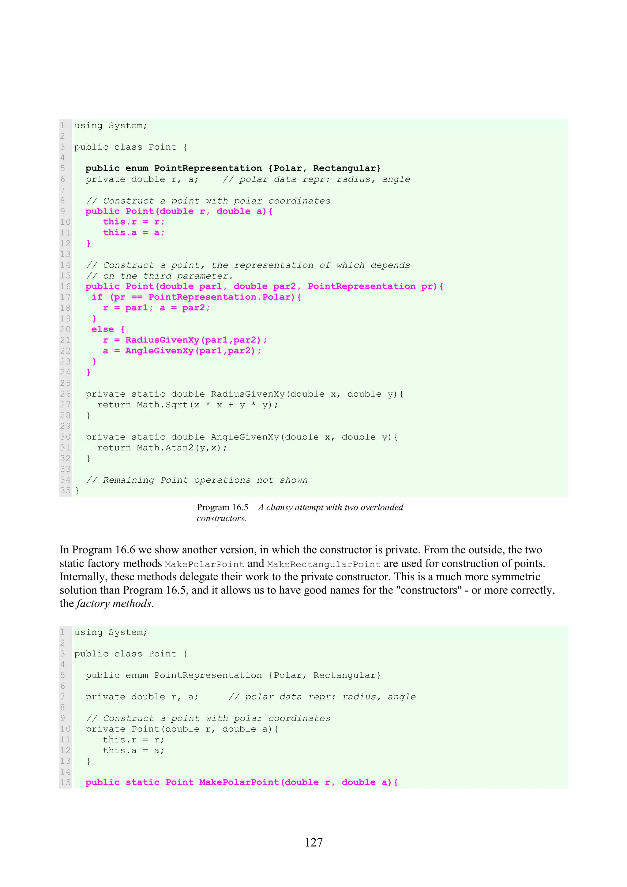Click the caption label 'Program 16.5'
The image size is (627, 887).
222,507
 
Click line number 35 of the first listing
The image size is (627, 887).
65,491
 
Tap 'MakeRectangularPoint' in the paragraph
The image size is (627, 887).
324,564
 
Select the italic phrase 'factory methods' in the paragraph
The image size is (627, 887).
114,604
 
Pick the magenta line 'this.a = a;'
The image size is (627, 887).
134,233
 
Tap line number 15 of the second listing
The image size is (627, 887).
65,783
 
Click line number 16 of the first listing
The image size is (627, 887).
65,286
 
